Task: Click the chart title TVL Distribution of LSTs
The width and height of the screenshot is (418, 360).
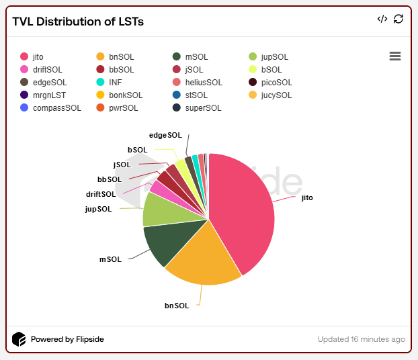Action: [x=78, y=21]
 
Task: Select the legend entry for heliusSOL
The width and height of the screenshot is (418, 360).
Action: [x=198, y=83]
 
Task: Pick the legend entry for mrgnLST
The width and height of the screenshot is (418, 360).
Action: [x=46, y=95]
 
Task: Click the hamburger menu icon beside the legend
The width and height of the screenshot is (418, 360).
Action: [x=395, y=56]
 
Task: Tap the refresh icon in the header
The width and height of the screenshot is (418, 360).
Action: [x=399, y=19]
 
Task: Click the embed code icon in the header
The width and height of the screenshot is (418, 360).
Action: [x=382, y=19]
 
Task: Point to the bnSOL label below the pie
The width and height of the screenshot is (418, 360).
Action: [x=177, y=306]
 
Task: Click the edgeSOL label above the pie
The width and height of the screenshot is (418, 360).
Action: [x=165, y=135]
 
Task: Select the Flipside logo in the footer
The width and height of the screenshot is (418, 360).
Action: [x=19, y=339]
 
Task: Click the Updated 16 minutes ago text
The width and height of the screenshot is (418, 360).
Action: [x=361, y=339]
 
